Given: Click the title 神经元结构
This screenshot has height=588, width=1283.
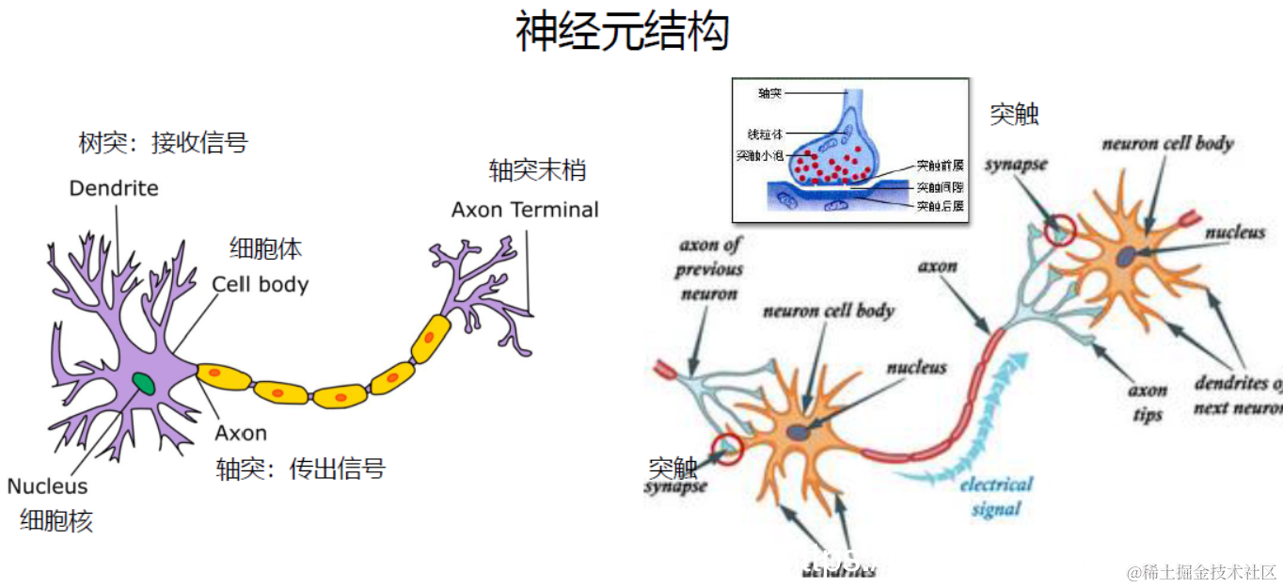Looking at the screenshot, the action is pos(622,32).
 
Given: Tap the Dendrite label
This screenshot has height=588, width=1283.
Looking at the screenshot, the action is pos(114,188).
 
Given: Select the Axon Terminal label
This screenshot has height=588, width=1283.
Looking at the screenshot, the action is pos(525,209).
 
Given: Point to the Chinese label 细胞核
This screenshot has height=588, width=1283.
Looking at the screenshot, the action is pos(56,521).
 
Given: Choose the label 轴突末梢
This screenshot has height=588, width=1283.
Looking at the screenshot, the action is pos(537,170).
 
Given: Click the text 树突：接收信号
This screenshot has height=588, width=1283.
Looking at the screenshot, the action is pos(163,143).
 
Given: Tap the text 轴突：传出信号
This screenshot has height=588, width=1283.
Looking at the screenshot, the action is pos(301,469).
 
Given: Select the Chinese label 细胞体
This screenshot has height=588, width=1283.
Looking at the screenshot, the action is pos(266,248).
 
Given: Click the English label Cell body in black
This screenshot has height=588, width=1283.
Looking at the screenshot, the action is pos(261,283).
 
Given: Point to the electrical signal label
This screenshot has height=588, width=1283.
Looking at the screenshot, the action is pos(996,497).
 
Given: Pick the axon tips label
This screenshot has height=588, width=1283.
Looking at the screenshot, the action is pos(1148,403).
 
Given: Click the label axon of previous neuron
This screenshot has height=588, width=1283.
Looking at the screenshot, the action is pos(709,269).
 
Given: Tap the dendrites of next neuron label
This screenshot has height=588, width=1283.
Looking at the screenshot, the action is pos(1237,395).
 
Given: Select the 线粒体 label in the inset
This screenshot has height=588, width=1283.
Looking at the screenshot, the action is pos(765,135).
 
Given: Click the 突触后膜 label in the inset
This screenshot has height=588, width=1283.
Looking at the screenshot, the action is pos(940,205).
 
